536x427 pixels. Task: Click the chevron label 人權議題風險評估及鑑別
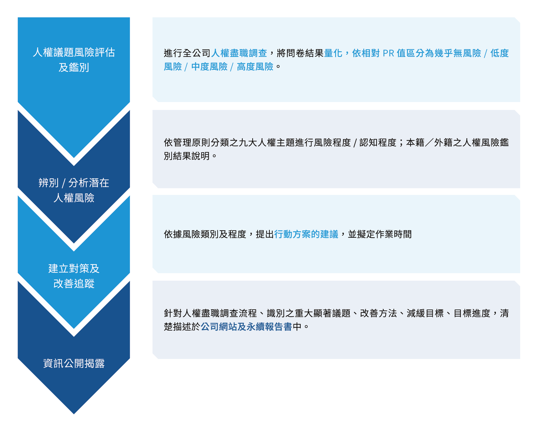pyautogui.click(x=74, y=60)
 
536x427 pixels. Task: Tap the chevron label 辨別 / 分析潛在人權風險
pyautogui.click(x=74, y=190)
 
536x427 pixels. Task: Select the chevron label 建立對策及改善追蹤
pyautogui.click(x=74, y=276)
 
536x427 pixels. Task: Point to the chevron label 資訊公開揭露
pyautogui.click(x=74, y=363)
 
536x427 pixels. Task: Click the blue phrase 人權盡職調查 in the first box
pyautogui.click(x=239, y=53)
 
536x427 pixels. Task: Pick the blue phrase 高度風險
pyautogui.click(x=255, y=67)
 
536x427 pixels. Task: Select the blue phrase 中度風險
pyautogui.click(x=209, y=67)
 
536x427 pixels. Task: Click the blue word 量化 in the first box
pyautogui.click(x=333, y=53)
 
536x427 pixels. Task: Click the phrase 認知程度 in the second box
pyautogui.click(x=378, y=142)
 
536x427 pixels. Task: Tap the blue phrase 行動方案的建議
pyautogui.click(x=306, y=234)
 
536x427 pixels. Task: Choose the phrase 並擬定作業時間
pyautogui.click(x=380, y=234)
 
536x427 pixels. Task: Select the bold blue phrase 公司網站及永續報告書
pyautogui.click(x=246, y=327)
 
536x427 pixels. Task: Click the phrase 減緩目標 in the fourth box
pyautogui.click(x=425, y=313)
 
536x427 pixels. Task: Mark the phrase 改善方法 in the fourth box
pyautogui.click(x=378, y=313)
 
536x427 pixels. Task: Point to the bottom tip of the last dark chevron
pyautogui.click(x=74, y=414)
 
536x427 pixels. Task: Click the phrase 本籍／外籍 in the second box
pyautogui.click(x=429, y=142)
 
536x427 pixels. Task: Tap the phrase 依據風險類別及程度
pyautogui.click(x=205, y=234)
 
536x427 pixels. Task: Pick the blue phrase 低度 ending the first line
pyautogui.click(x=500, y=53)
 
